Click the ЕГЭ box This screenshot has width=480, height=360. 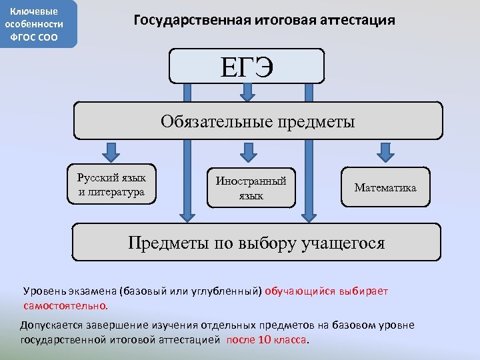click(x=247, y=66)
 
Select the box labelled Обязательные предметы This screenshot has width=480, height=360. click(x=257, y=121)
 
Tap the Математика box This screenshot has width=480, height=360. click(x=385, y=187)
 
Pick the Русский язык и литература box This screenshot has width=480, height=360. click(x=111, y=184)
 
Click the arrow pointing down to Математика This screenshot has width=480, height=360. click(x=385, y=151)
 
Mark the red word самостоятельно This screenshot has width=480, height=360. click(x=65, y=305)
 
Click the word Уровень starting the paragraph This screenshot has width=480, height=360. click(x=43, y=291)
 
